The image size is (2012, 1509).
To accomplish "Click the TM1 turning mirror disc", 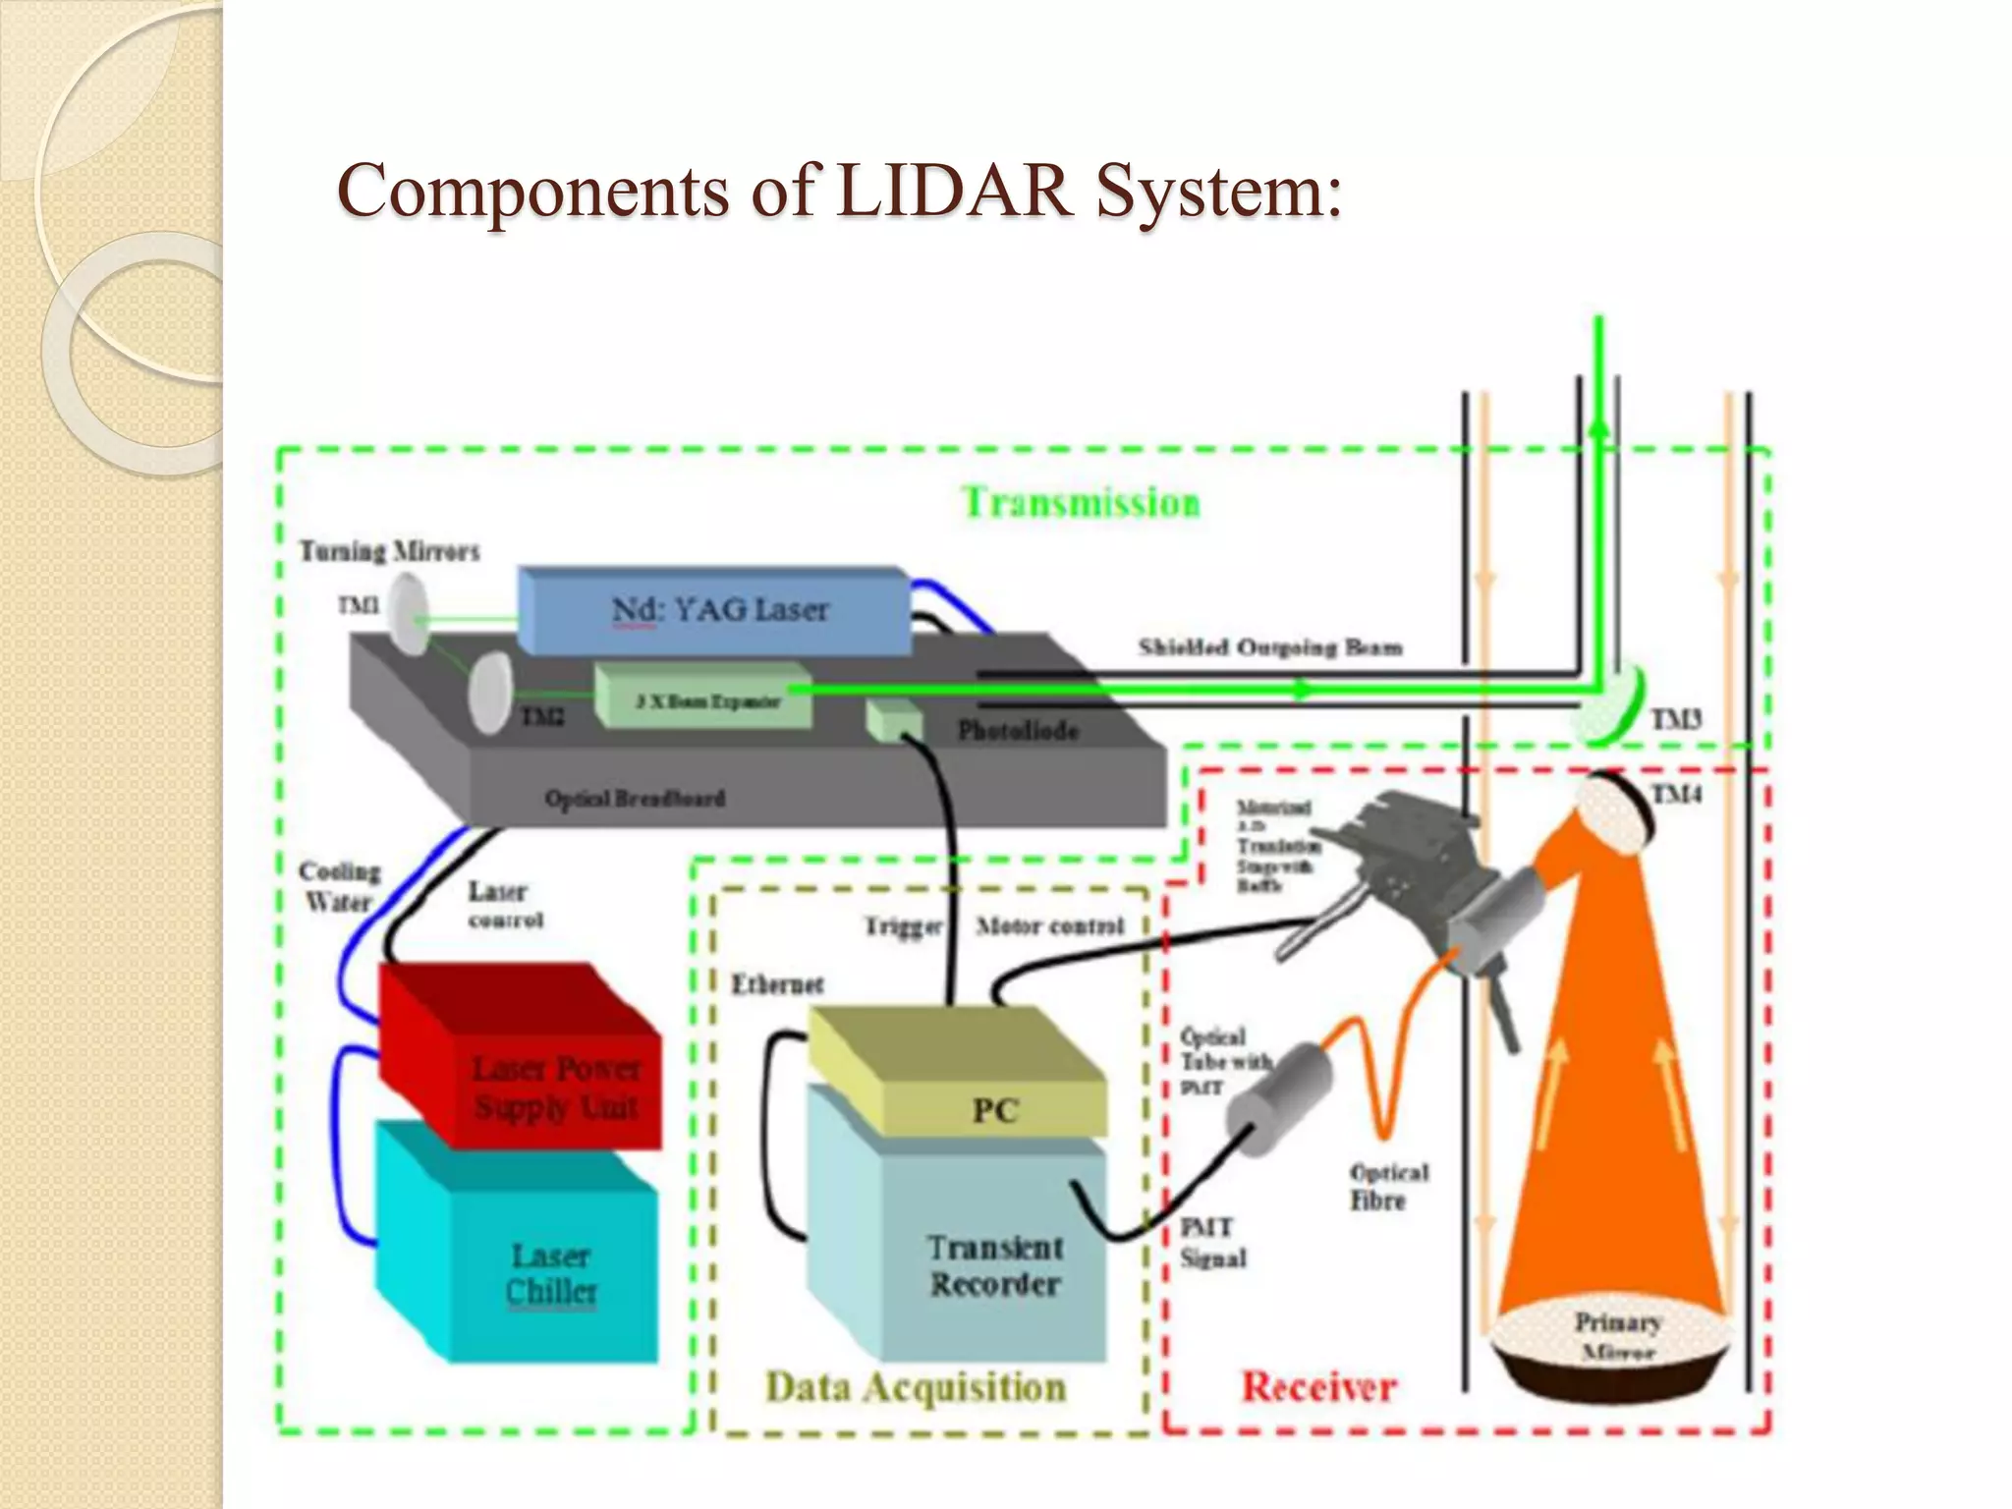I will coord(406,614).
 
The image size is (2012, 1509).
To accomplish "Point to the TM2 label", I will coord(542,717).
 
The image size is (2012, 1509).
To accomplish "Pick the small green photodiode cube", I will coord(892,723).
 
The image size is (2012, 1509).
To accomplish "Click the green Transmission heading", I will coord(1081,503).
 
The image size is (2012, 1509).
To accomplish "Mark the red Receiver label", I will coord(1318,1387).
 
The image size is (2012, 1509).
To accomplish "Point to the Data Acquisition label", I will coord(916,1387).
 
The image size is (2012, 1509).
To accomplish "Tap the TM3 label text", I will coord(1676,720).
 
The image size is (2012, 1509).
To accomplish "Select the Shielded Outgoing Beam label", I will coord(1269,647).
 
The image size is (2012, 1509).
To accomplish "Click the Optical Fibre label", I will coord(1387,1187).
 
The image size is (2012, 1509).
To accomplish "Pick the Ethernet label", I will coord(777,984).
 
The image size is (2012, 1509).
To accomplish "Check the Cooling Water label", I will coord(338,886).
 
